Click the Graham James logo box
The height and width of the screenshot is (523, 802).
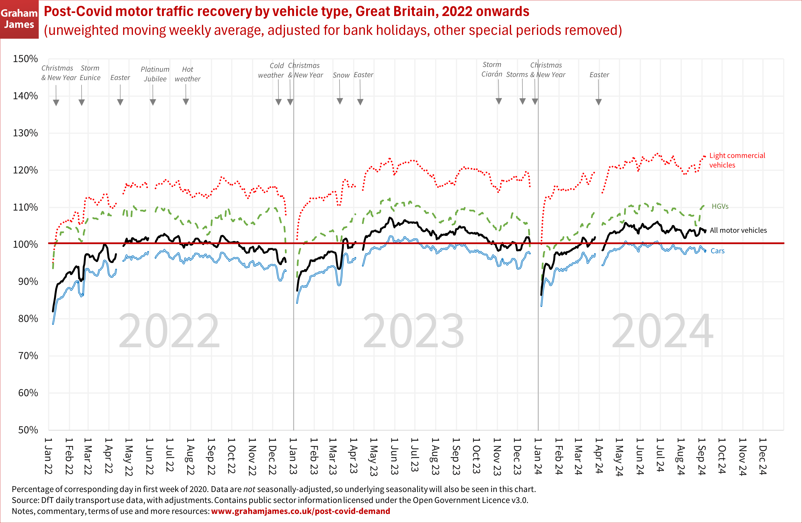pos(19,19)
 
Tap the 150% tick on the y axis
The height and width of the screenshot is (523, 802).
pos(25,59)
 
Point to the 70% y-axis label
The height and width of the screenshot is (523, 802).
pos(28,356)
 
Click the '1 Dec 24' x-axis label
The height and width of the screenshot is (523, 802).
pos(763,456)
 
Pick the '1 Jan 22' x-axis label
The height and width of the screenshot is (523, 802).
pos(48,456)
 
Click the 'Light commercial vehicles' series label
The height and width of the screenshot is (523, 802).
pos(737,160)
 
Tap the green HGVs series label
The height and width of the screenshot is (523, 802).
pos(720,206)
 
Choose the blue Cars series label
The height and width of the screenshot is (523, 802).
pos(717,251)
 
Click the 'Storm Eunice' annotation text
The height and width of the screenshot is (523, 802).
pos(90,73)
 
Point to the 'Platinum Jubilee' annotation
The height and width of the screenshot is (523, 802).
pos(155,74)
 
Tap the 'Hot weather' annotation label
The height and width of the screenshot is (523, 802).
pos(187,74)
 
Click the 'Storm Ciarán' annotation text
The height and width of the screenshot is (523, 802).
pos(492,69)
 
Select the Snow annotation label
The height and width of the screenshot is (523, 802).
pos(341,75)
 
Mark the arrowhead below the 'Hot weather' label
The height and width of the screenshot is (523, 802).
pos(186,102)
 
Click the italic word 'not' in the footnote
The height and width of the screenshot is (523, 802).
pos(249,489)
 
